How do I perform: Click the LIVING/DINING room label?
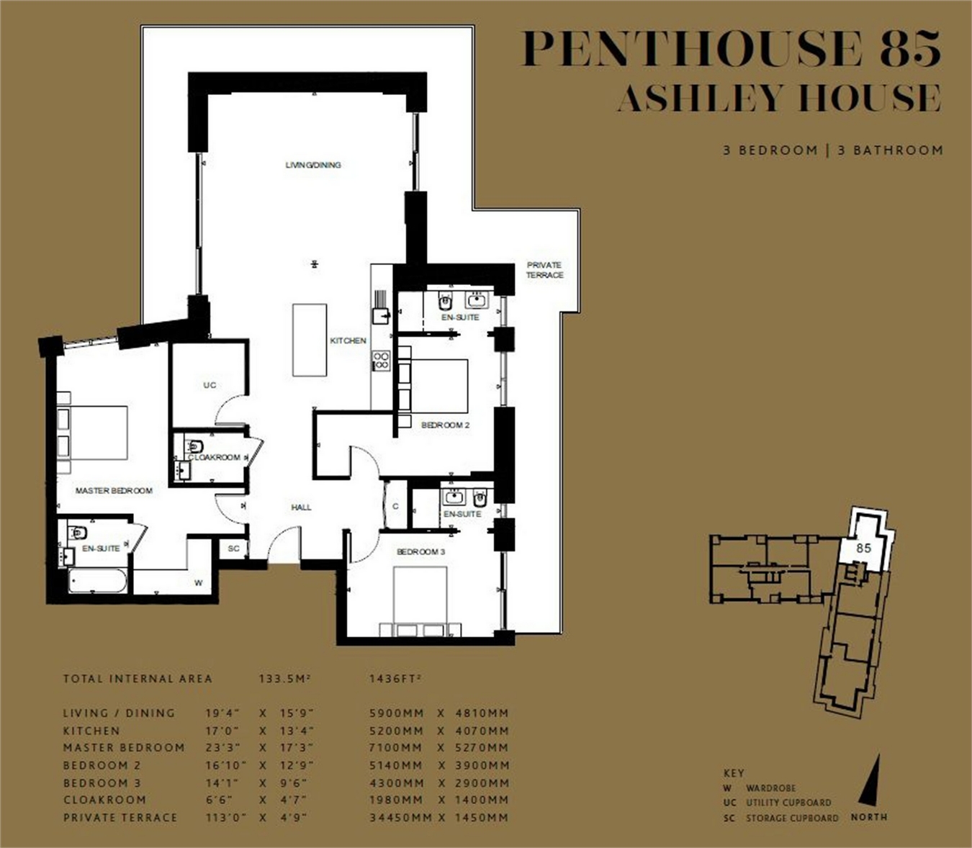pyautogui.click(x=313, y=166)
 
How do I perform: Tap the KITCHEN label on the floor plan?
pyautogui.click(x=348, y=340)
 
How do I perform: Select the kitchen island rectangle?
pyautogui.click(x=310, y=340)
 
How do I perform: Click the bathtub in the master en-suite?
pyautogui.click(x=97, y=581)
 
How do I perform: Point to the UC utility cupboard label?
pyautogui.click(x=210, y=384)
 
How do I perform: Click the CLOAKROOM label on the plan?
pyautogui.click(x=215, y=457)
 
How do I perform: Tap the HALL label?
pyautogui.click(x=301, y=508)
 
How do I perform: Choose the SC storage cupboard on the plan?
pyautogui.click(x=233, y=549)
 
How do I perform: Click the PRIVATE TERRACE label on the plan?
pyautogui.click(x=544, y=270)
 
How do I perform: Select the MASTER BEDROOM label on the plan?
pyautogui.click(x=114, y=490)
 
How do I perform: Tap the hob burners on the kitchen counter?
pyautogui.click(x=381, y=361)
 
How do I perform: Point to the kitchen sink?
pyautogui.click(x=381, y=316)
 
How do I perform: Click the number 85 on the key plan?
pyautogui.click(x=864, y=548)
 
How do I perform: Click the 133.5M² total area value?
pyautogui.click(x=284, y=679)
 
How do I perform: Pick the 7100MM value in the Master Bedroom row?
pyautogui.click(x=396, y=747)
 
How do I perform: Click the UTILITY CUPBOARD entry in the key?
pyautogui.click(x=788, y=803)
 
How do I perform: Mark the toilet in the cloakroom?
pyautogui.click(x=195, y=446)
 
